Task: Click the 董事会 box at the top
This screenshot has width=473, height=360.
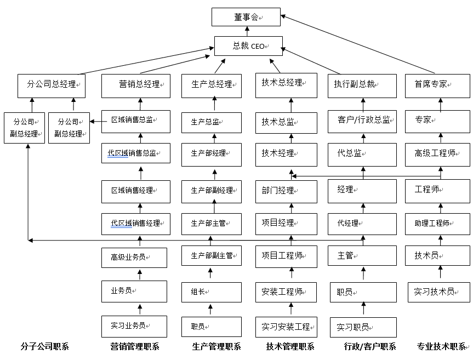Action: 246,17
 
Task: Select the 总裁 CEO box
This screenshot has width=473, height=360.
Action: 248,46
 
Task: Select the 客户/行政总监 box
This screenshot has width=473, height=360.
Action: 363,121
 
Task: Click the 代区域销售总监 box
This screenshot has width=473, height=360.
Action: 135,153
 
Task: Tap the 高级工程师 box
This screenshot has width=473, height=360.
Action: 438,153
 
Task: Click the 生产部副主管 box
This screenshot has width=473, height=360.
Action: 212,255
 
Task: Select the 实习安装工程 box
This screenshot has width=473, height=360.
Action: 286,327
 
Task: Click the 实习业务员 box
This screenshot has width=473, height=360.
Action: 134,325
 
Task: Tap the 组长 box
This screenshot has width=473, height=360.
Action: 212,292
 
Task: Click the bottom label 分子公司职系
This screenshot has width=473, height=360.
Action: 45,346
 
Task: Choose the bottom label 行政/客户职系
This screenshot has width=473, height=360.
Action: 370,346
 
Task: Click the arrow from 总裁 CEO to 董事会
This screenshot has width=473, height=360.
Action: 247,31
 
